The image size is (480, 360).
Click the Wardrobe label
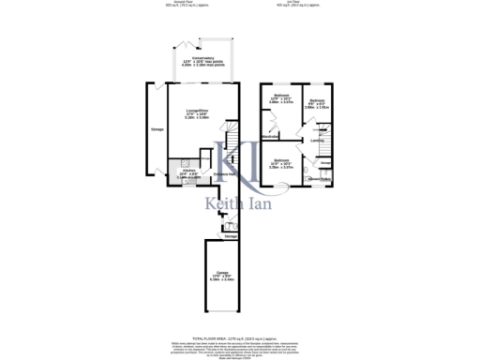pyautogui.click(x=271, y=136)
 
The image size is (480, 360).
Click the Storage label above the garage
pyautogui.click(x=230, y=237)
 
